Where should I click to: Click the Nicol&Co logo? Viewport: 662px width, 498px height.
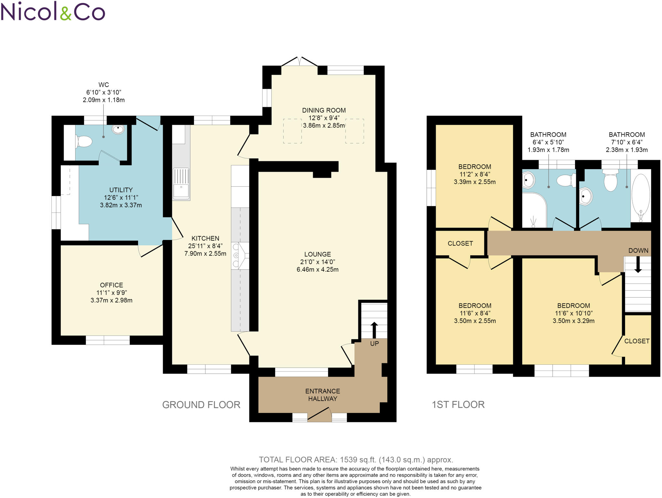tap(53, 11)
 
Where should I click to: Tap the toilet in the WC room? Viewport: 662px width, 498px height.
tap(84, 141)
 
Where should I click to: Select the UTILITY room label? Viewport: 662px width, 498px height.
tap(121, 190)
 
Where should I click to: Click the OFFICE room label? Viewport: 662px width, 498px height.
tap(112, 285)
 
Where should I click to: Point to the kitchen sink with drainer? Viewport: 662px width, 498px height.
tap(181, 183)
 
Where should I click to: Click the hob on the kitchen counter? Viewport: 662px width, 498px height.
tap(240, 256)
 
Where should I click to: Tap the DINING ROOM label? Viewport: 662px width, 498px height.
tap(324, 110)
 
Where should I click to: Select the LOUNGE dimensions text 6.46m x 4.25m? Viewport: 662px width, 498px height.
tap(317, 269)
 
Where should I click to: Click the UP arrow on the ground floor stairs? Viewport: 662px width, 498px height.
tap(374, 330)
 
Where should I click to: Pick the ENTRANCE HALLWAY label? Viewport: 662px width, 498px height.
tap(323, 395)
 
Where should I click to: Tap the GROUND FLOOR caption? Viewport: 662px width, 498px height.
tap(201, 405)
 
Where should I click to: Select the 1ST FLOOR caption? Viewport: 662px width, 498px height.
tap(458, 405)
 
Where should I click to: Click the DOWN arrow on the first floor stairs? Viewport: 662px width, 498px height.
tap(638, 265)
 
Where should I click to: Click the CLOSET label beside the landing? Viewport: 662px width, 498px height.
tap(460, 243)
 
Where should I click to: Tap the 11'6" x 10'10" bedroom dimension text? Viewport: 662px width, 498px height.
tap(573, 313)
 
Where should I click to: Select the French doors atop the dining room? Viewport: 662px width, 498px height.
tap(299, 61)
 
